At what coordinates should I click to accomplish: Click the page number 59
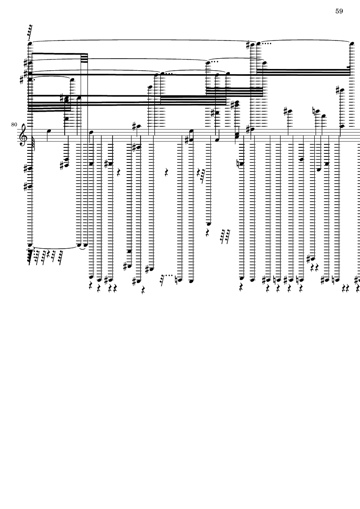(339, 11)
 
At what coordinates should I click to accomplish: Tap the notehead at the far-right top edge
(351, 43)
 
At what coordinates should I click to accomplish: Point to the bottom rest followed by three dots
(164, 276)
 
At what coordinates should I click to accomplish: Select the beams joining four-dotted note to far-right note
(304, 71)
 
